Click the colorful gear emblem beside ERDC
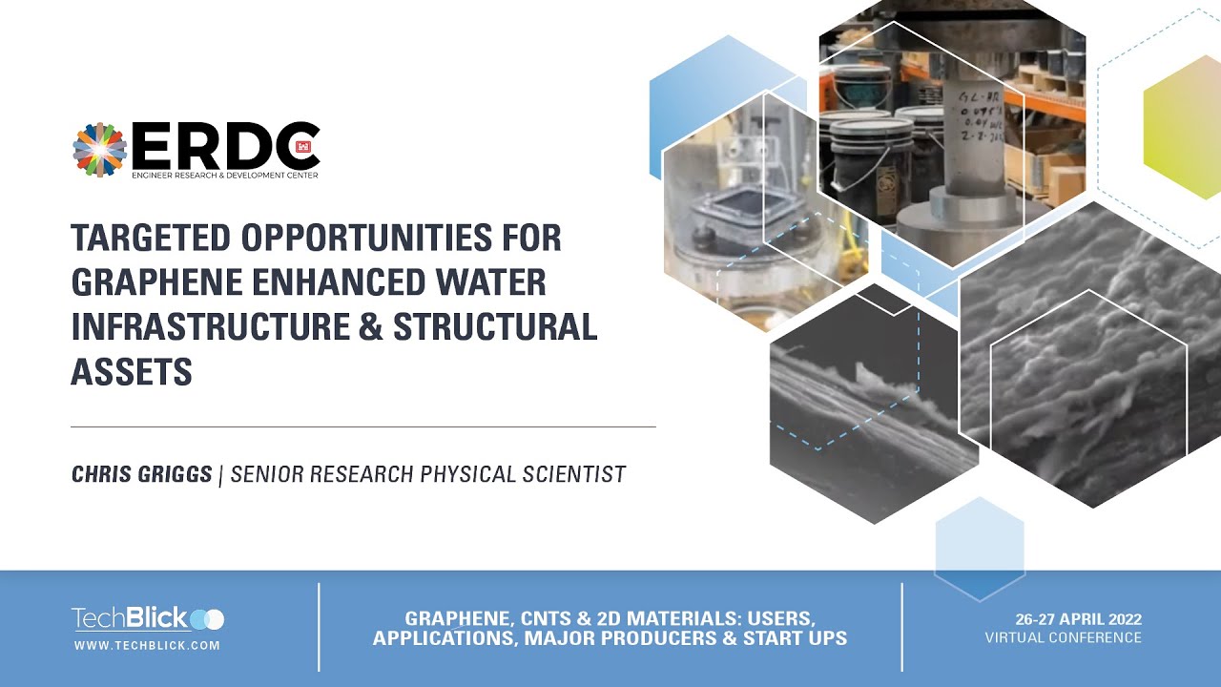point(99,150)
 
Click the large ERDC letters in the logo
point(226,146)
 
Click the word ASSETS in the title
point(132,371)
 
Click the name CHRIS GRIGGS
point(142,473)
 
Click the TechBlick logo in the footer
point(148,619)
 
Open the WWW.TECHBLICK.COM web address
point(148,646)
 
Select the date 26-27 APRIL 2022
point(1064,619)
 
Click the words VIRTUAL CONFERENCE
point(1064,637)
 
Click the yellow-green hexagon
point(1184,126)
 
